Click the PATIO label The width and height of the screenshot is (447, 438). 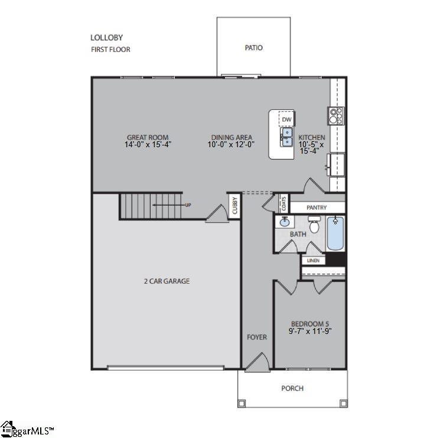253,48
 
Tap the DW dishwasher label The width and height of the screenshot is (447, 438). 286,119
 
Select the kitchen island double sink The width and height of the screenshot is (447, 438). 286,138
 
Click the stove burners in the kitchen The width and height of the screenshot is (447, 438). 336,115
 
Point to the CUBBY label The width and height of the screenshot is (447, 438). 234,206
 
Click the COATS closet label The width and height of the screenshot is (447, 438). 283,204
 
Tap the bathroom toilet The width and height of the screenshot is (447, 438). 314,225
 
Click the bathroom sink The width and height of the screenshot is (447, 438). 285,222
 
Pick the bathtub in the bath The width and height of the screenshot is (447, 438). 335,234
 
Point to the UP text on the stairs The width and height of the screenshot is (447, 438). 188,205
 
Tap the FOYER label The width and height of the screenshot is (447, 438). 257,338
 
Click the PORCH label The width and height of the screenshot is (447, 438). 292,388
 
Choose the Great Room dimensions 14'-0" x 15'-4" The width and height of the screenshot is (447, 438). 148,144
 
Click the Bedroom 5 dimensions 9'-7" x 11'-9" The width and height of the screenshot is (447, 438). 310,331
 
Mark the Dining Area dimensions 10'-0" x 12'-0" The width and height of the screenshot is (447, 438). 231,144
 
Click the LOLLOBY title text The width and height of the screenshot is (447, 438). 107,38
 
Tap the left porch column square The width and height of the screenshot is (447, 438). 241,403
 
